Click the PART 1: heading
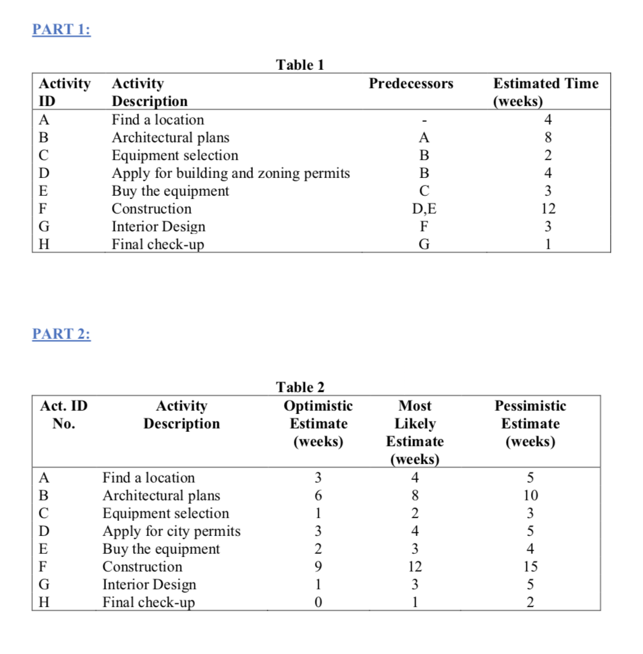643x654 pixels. click(61, 30)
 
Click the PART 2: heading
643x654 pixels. click(61, 334)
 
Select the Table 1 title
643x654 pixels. click(300, 65)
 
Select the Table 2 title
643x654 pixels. click(300, 387)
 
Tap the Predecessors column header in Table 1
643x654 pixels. click(410, 84)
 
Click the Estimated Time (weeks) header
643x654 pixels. click(545, 92)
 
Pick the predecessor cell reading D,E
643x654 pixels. click(424, 209)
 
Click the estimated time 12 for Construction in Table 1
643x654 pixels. click(547, 209)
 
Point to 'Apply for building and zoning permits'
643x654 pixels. click(231, 173)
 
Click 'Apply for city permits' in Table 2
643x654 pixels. click(171, 531)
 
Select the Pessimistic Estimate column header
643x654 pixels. click(530, 423)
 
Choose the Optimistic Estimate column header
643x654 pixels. click(318, 423)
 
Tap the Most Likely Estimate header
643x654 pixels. click(415, 432)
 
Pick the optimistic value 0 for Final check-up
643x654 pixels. click(318, 603)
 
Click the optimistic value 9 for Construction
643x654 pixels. click(318, 567)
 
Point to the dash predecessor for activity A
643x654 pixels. click(424, 121)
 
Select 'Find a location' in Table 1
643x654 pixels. click(157, 120)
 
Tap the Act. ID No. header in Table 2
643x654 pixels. click(64, 415)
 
